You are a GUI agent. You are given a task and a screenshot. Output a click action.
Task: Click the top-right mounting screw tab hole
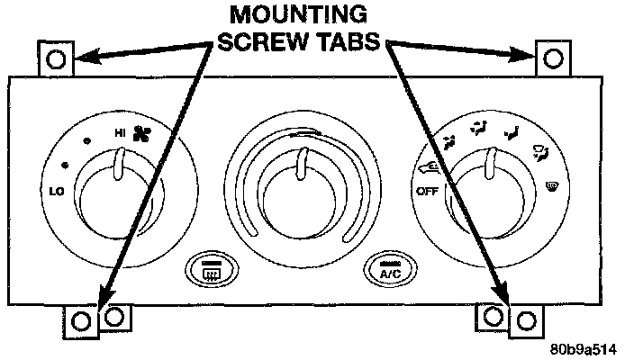click(x=554, y=59)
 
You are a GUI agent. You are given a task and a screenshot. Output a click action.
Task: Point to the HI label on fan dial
click(x=120, y=133)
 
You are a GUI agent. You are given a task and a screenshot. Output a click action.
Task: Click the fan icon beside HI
click(x=141, y=134)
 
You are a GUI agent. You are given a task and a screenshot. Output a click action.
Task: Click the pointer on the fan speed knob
click(x=119, y=164)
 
